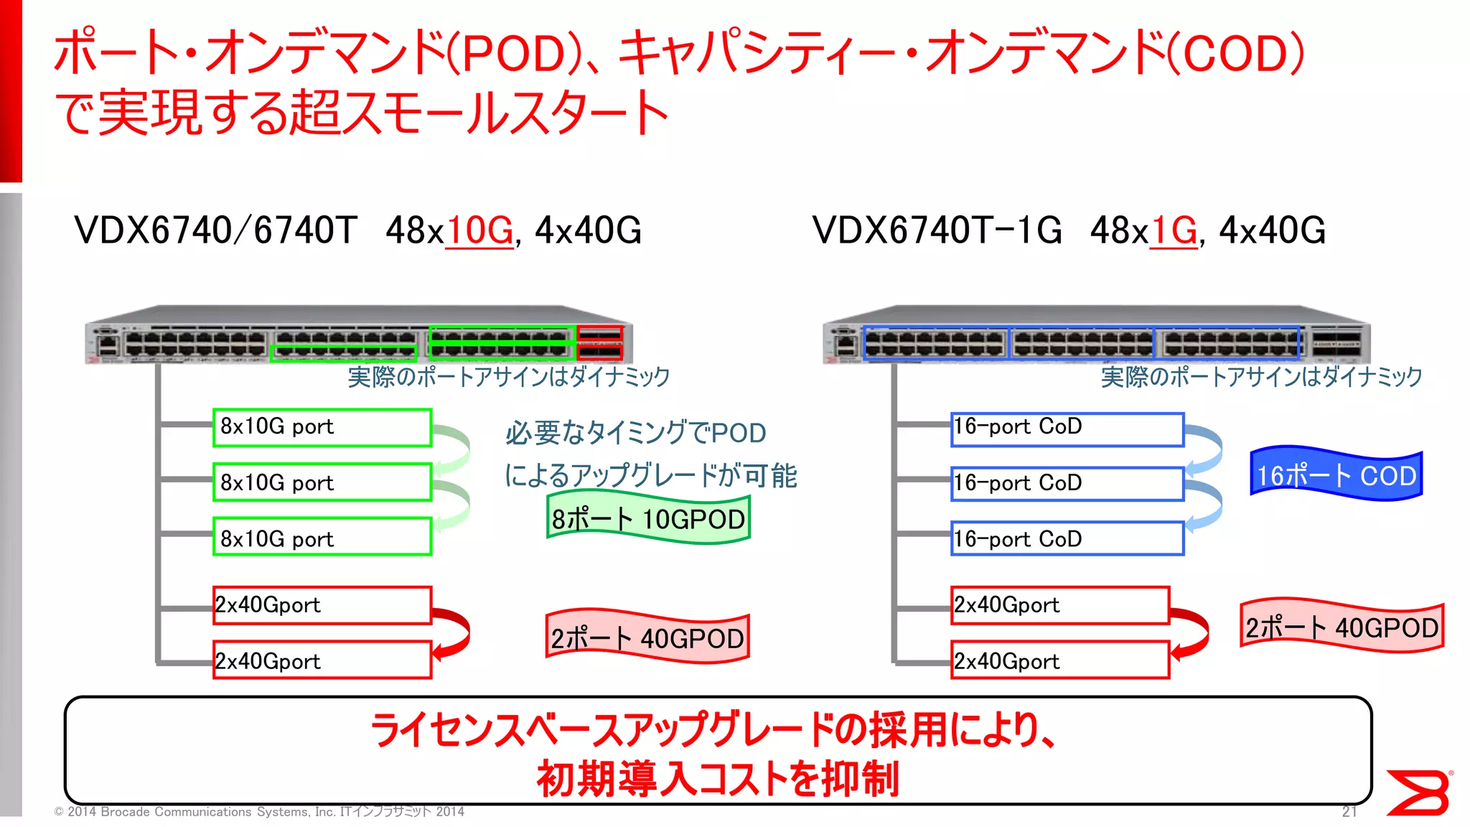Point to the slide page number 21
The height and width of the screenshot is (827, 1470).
1349,811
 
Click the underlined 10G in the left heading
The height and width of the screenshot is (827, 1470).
479,230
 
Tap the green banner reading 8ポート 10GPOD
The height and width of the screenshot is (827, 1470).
648,518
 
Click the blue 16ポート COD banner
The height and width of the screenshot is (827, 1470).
1336,475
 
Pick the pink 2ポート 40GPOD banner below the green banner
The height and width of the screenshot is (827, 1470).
647,637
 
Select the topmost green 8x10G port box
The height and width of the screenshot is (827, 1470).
322,427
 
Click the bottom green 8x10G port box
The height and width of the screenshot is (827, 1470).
322,538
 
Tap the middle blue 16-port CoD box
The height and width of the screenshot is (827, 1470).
1067,483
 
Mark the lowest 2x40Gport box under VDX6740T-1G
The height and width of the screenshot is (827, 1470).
1060,660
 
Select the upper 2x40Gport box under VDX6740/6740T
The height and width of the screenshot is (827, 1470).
322,605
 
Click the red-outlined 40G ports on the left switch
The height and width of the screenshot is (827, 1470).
600,342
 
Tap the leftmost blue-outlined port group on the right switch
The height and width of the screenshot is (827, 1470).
936,343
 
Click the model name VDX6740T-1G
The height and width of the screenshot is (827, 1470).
937,230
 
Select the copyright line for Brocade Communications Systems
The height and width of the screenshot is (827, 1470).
259,812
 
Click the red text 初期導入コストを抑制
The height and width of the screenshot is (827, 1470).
718,778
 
